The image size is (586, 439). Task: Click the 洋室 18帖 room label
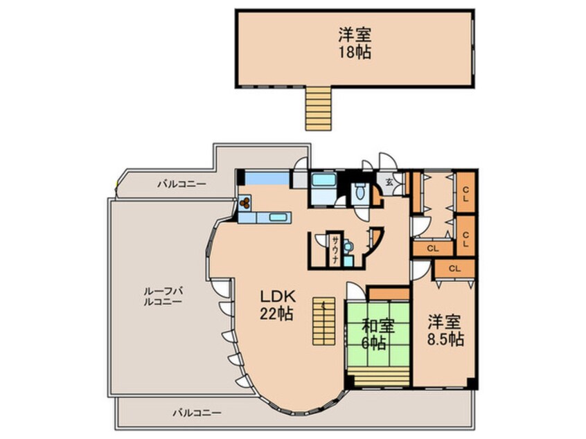[354, 43]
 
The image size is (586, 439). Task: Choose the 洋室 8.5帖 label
[443, 330]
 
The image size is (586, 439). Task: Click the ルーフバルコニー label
[162, 296]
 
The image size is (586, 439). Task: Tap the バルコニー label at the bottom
[197, 413]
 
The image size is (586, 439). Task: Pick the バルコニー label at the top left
[179, 184]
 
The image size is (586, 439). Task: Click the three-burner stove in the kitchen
[247, 203]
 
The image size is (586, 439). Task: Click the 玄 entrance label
[389, 182]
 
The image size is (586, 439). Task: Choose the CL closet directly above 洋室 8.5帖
[455, 268]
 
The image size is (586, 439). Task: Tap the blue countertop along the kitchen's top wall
[267, 178]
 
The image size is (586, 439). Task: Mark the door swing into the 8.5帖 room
[419, 270]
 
